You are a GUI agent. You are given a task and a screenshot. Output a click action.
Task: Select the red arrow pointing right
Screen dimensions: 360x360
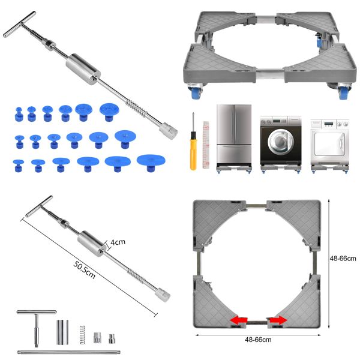[x=277, y=321]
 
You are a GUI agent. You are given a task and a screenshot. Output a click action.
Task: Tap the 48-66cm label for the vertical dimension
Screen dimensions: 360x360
[x=343, y=259]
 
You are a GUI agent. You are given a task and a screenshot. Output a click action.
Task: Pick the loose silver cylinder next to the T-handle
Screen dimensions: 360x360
[x=62, y=331]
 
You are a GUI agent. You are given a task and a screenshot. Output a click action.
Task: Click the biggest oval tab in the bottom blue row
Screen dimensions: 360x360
[x=151, y=160]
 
